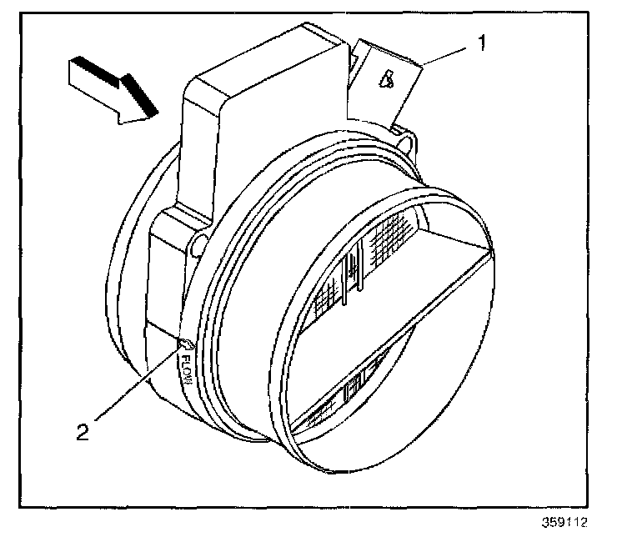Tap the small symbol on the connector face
click(x=386, y=81)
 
